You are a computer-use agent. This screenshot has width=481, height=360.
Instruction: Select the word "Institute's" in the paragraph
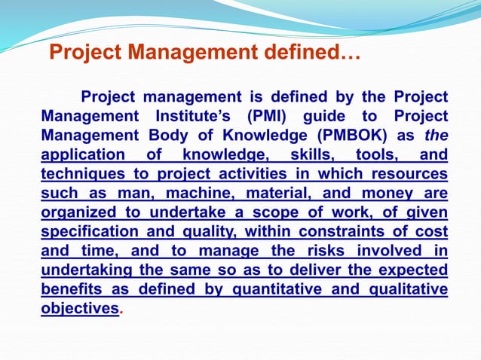(191, 117)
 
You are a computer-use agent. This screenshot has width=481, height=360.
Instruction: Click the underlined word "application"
(83, 155)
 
